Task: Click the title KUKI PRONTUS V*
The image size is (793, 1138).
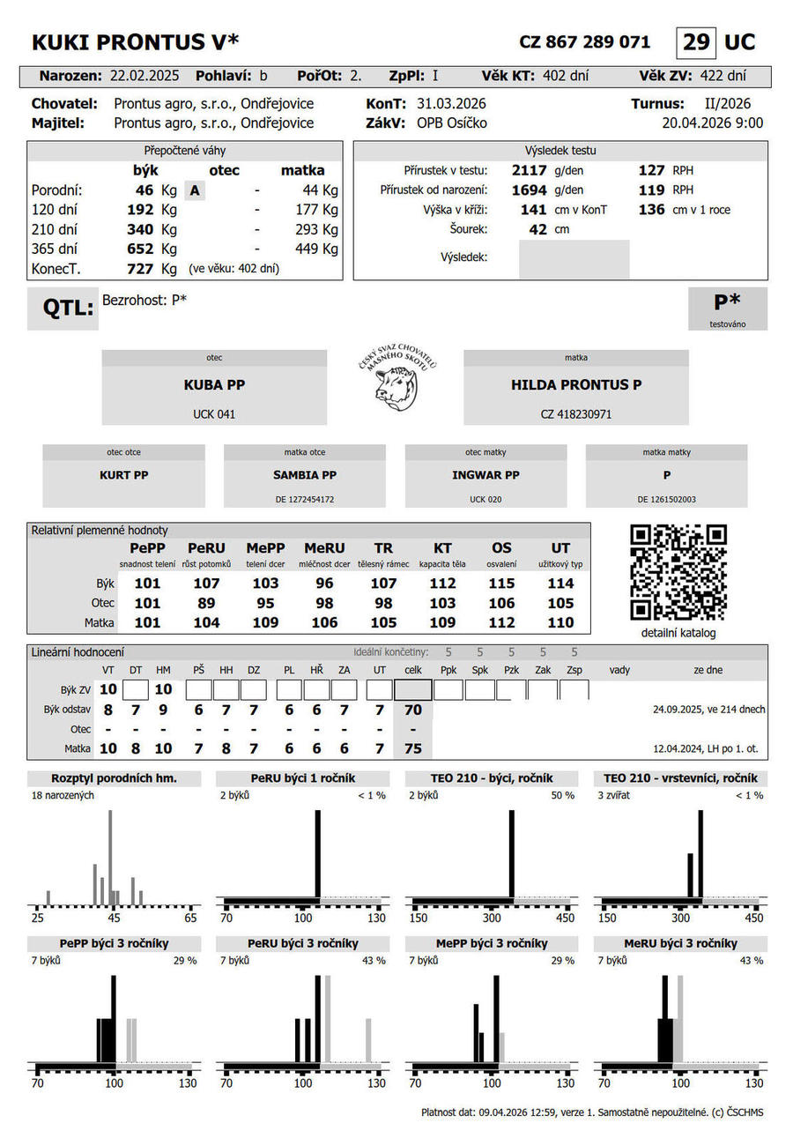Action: [135, 42]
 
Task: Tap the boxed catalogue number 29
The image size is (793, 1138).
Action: [695, 42]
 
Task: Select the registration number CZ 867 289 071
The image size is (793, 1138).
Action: [584, 42]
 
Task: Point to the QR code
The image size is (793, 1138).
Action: [678, 573]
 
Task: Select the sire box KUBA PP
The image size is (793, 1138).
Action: [214, 386]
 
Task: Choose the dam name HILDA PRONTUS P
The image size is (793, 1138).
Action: [576, 385]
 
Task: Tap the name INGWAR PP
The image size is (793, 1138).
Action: [485, 475]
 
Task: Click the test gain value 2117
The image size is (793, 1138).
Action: [530, 170]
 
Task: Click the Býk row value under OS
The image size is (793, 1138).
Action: [501, 584]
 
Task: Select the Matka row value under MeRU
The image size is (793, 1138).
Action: [324, 623]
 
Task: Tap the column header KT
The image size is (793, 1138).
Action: [442, 548]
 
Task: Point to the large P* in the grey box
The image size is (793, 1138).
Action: [727, 302]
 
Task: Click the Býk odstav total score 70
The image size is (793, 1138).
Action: [412, 710]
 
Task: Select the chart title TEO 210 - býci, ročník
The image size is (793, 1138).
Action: [492, 778]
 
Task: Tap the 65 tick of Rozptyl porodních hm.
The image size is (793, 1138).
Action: [190, 918]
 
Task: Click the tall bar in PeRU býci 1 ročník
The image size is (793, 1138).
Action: [318, 852]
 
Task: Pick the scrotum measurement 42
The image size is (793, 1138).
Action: [537, 230]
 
